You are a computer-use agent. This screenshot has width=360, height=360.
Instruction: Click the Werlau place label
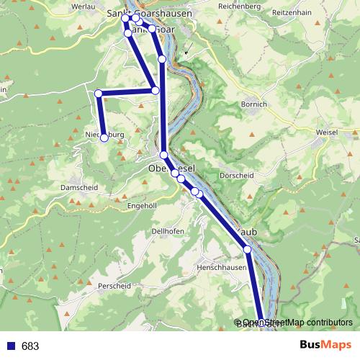[x=84, y=6]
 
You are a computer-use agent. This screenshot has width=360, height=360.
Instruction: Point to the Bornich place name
[x=255, y=104]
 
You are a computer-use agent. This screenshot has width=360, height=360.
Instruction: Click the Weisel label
[x=328, y=135]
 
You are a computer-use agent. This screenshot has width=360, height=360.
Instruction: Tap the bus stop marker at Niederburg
[x=104, y=138]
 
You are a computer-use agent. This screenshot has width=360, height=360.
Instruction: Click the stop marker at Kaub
[x=248, y=249]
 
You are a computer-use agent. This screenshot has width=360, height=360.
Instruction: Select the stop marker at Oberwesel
[x=164, y=155]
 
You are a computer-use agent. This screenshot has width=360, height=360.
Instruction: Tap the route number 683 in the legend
[x=30, y=346]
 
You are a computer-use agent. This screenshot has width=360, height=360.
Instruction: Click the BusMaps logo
[x=325, y=346]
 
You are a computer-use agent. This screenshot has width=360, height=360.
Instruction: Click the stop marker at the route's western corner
[x=99, y=93]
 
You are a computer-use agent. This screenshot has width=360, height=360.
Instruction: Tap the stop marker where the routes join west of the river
[x=156, y=90]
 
